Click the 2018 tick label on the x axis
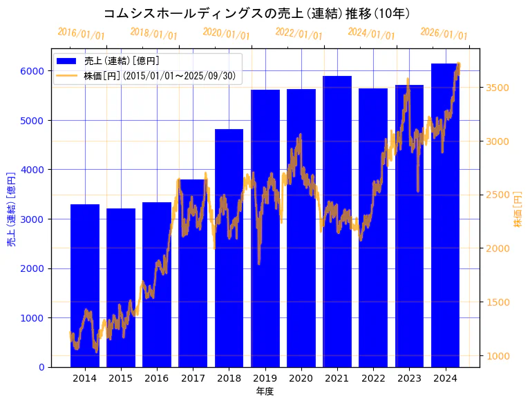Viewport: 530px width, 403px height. pyautogui.click(x=229, y=378)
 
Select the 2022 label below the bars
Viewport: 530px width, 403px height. pyautogui.click(x=374, y=378)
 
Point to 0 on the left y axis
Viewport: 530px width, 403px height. pyautogui.click(x=41, y=367)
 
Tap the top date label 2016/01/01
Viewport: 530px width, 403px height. pyautogui.click(x=81, y=34)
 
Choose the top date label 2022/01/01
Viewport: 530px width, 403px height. pyautogui.click(x=299, y=34)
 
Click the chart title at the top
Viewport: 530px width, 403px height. pyautogui.click(x=256, y=14)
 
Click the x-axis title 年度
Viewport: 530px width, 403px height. pyautogui.click(x=265, y=391)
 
